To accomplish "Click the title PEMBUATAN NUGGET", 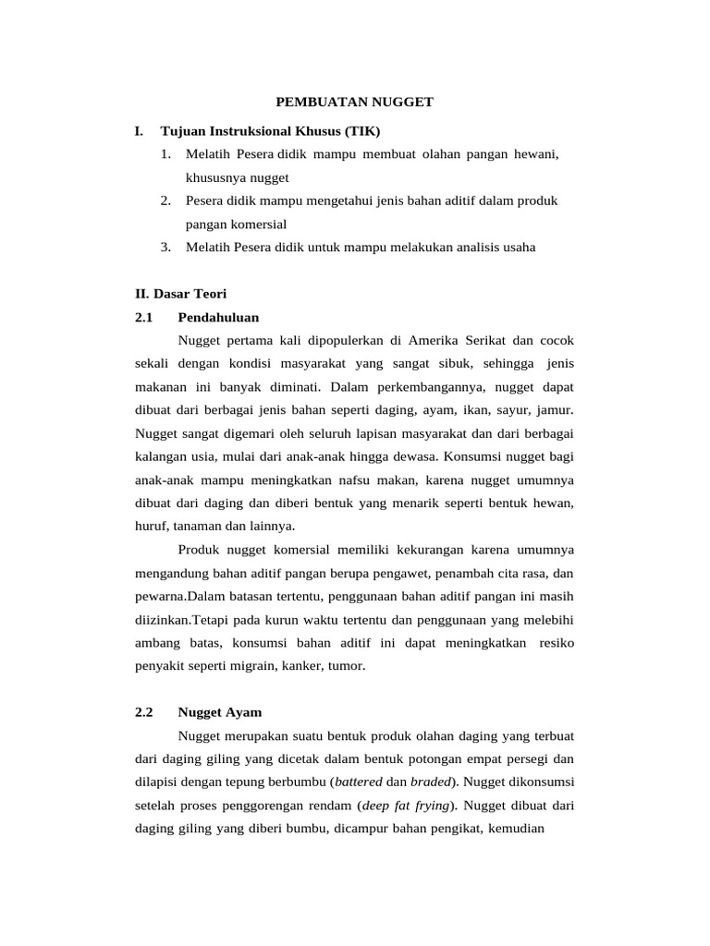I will tap(355, 103).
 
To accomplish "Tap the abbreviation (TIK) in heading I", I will tap(361, 132).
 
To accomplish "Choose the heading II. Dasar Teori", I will tap(180, 295).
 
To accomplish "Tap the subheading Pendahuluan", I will tap(218, 318).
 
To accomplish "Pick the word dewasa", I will tap(418, 456).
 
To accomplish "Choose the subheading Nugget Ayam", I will tap(220, 712).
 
